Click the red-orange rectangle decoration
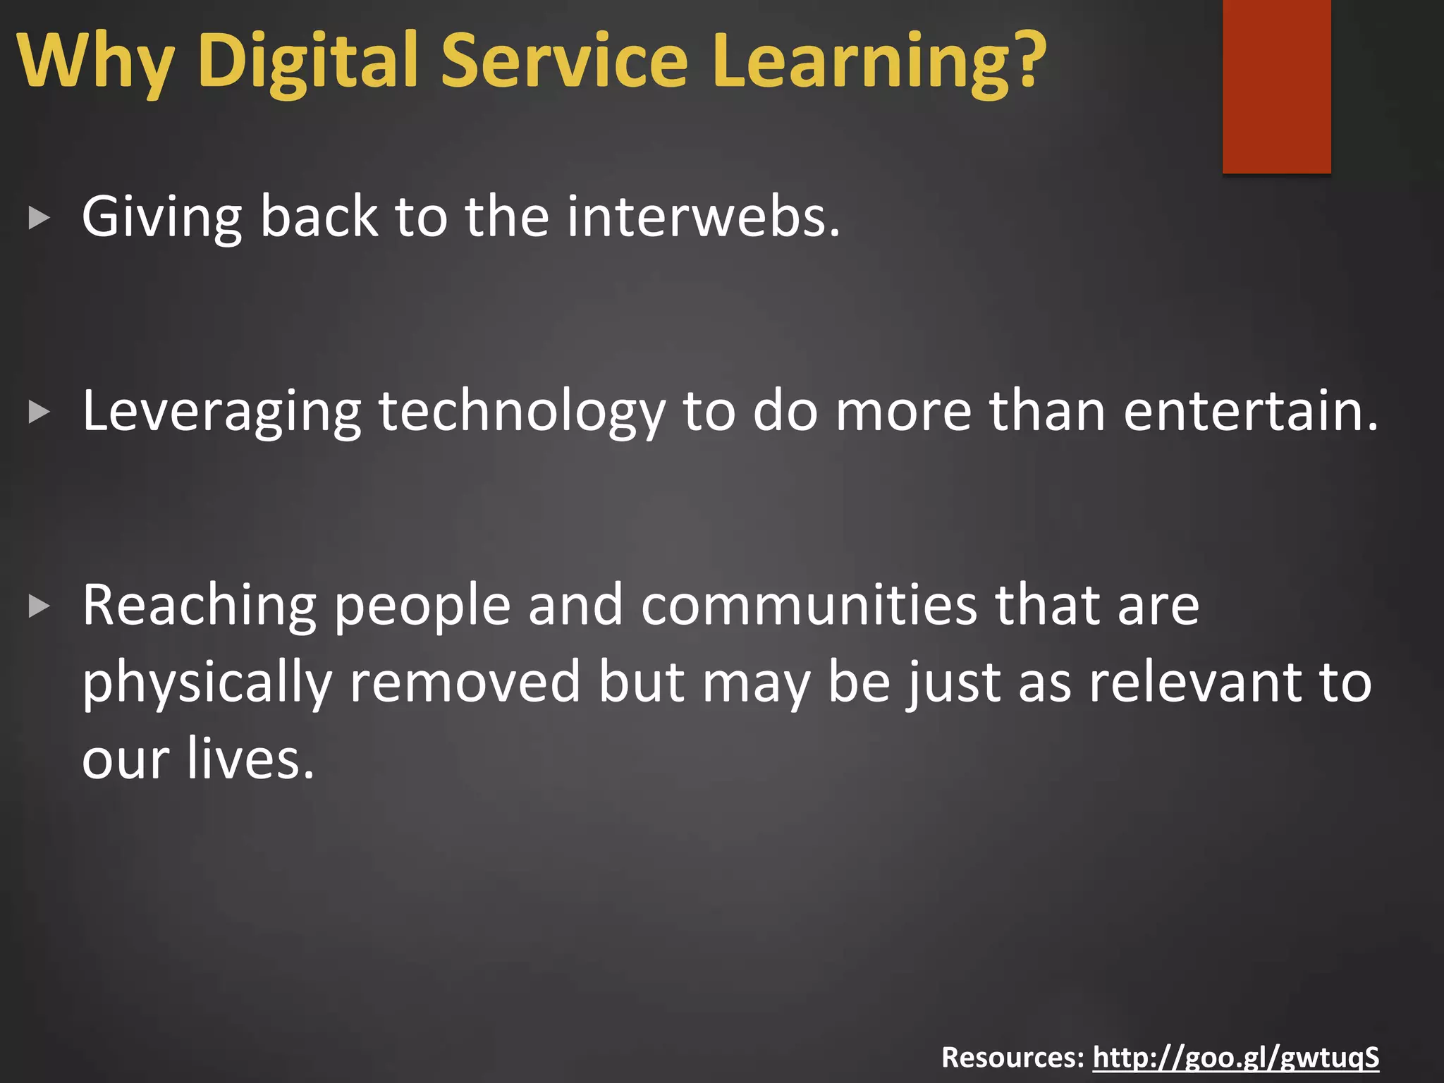coord(1276,85)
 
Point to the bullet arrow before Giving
coord(39,219)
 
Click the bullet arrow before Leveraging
coord(39,412)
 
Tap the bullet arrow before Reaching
coord(39,606)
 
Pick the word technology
coord(522,412)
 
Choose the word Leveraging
coord(221,412)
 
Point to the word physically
coord(207,684)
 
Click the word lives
coord(251,759)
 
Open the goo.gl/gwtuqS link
coord(1235,1058)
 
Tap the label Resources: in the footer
coord(1012,1058)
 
